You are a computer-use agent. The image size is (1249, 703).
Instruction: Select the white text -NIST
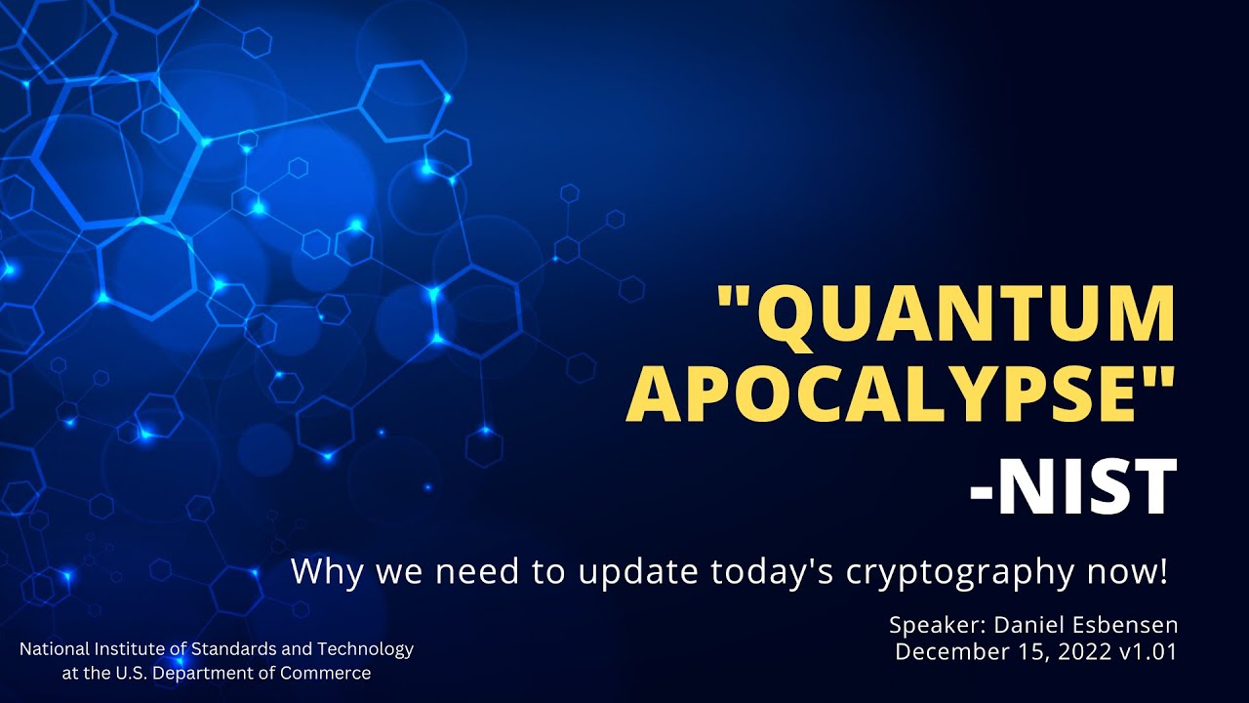[x=1072, y=489]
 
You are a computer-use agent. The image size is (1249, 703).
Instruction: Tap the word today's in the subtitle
[x=767, y=571]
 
